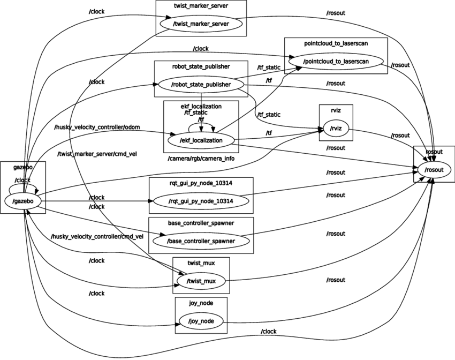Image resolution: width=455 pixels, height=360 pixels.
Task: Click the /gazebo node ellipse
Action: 23,201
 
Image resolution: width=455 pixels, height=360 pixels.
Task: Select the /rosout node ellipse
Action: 434,170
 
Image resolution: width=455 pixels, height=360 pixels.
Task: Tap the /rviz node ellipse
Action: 336,127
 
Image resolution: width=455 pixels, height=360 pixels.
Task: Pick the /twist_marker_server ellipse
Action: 201,24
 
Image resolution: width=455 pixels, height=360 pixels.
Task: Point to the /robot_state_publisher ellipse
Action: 201,84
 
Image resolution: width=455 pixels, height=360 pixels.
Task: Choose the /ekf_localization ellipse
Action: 201,140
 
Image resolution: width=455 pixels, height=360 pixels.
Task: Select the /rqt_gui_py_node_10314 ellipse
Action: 201,201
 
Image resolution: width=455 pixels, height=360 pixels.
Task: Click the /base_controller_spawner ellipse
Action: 201,241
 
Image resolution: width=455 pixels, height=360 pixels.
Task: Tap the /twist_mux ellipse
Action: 201,281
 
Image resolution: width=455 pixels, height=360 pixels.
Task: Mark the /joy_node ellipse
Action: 201,321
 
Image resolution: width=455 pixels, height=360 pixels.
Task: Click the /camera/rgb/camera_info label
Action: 201,159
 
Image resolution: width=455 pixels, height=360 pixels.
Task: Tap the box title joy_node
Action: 201,303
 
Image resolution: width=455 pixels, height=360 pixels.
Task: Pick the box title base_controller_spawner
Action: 201,223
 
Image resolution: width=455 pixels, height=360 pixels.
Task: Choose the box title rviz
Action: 336,110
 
